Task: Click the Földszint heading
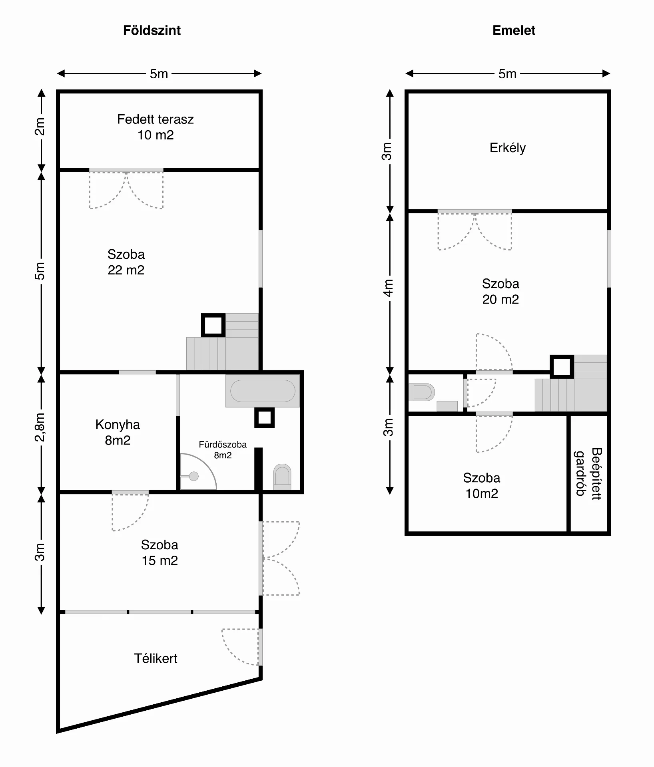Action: tap(152, 30)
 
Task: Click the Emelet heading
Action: tap(514, 30)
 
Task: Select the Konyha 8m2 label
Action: tap(118, 432)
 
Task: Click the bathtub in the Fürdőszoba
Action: tap(263, 391)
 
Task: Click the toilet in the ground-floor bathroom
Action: tap(282, 477)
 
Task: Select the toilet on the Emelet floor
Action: tap(421, 392)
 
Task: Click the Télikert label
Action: tap(156, 658)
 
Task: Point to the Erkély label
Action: tap(508, 148)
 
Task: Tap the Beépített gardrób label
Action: tap(588, 473)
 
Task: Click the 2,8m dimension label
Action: tap(40, 427)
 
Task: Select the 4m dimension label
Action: tap(388, 288)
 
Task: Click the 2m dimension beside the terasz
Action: tap(40, 126)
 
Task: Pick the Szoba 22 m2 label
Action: tap(126, 262)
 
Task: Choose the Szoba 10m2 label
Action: tap(482, 485)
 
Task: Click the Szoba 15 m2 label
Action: tap(160, 552)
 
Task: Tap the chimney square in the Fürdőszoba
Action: tap(265, 417)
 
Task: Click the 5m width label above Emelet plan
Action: tap(507, 74)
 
